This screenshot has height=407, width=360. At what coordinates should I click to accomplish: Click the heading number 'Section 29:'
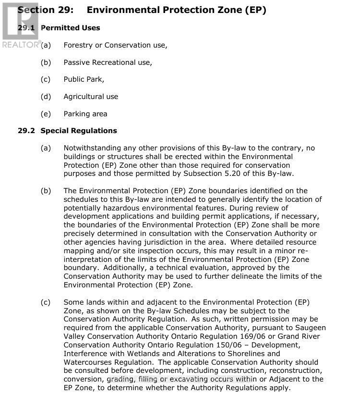tap(46, 10)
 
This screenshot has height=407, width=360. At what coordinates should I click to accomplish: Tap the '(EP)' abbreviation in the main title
tap(255, 10)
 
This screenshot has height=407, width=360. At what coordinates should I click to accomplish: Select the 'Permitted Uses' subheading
tap(71, 28)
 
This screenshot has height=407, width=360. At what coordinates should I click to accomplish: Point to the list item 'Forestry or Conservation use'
tap(115, 45)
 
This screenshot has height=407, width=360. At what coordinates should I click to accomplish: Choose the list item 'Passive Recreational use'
tap(108, 62)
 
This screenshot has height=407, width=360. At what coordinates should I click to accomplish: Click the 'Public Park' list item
tap(84, 79)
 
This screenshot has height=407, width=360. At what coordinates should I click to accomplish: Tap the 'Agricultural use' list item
tap(91, 97)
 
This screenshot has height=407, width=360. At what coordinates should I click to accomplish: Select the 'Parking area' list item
tap(85, 114)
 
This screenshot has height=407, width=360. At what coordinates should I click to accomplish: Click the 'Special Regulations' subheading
tap(79, 131)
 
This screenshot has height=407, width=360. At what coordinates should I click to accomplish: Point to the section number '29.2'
tap(26, 131)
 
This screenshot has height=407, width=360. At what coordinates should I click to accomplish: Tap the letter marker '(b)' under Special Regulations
tap(46, 191)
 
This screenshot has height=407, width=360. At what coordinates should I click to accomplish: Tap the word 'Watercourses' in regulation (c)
tap(86, 362)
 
